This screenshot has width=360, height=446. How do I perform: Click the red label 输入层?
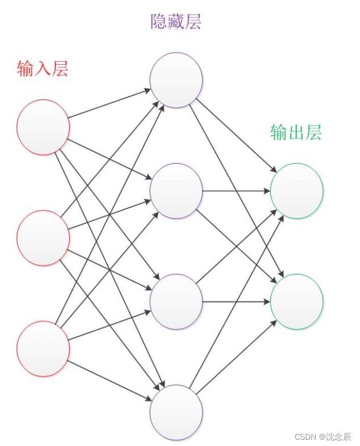pyautogui.click(x=43, y=69)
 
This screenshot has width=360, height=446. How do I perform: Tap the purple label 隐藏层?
pyautogui.click(x=176, y=22)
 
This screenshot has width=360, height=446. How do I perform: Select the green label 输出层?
pyautogui.click(x=296, y=133)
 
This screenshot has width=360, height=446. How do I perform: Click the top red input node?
pyautogui.click(x=43, y=127)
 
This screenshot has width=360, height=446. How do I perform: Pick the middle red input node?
pyautogui.click(x=43, y=238)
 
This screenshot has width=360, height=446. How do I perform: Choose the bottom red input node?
pyautogui.click(x=43, y=348)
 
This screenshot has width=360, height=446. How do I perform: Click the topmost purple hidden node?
pyautogui.click(x=176, y=80)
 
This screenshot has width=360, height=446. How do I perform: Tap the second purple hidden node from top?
pyautogui.click(x=176, y=191)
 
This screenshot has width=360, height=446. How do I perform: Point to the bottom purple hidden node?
pyautogui.click(x=176, y=413)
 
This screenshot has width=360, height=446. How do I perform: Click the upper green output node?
pyautogui.click(x=296, y=191)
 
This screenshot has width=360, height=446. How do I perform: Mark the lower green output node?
pyautogui.click(x=296, y=302)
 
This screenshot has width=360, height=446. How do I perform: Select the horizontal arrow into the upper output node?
pyautogui.click(x=236, y=191)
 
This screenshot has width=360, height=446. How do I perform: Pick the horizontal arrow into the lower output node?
pyautogui.click(x=236, y=302)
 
